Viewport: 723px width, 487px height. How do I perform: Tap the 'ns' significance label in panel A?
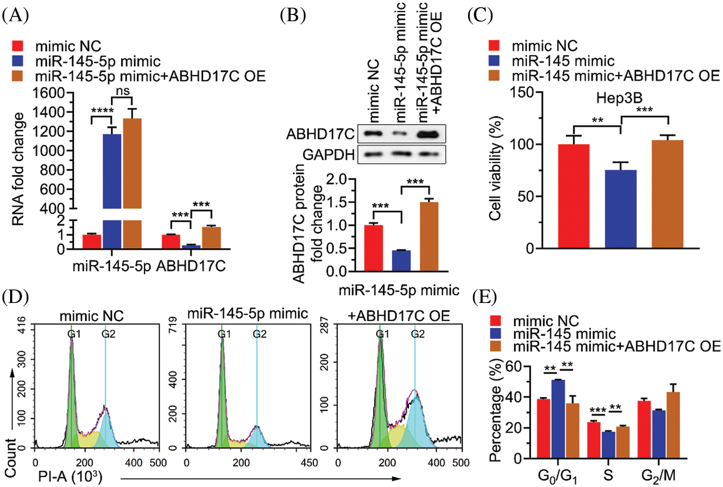[122, 91]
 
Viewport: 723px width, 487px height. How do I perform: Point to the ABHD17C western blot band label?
[320, 134]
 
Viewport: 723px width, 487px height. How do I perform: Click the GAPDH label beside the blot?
[328, 155]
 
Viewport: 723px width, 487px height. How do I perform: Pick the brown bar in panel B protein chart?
[429, 236]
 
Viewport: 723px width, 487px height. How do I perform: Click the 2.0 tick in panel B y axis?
[336, 179]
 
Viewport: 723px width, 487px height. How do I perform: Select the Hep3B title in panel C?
[619, 98]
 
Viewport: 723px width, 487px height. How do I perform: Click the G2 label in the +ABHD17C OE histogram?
[418, 334]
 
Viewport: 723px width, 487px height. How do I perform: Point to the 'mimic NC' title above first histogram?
[92, 316]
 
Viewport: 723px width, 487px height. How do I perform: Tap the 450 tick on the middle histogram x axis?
[309, 463]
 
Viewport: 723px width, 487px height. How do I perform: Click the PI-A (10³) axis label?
[70, 477]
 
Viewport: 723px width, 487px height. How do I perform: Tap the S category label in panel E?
[608, 475]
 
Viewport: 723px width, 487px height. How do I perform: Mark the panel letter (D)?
[15, 297]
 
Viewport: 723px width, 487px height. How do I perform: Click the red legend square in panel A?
[18, 46]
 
